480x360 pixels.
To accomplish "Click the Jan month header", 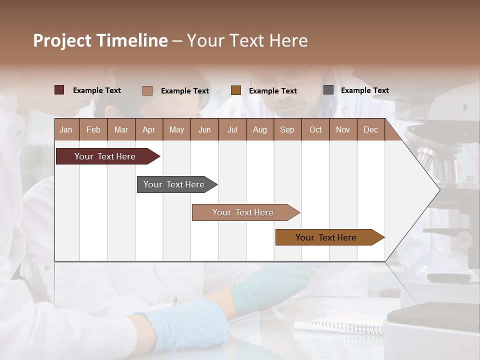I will click(66, 129).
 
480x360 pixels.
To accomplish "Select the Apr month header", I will click(148, 129).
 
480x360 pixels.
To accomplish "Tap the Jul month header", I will click(232, 129).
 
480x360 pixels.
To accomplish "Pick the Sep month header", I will click(287, 129).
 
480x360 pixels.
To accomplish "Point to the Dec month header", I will click(370, 129).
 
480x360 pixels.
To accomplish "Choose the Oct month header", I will click(315, 129).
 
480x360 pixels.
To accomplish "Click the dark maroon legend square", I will click(59, 90).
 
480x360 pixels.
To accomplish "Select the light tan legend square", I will click(147, 90).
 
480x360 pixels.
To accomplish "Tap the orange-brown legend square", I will click(236, 90).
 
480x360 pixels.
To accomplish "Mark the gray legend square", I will click(328, 90).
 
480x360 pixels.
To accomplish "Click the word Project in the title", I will click(62, 40).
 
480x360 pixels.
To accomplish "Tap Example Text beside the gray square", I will click(364, 90).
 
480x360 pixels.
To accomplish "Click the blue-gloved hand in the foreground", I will click(190, 325).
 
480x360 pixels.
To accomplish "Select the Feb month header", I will click(93, 129).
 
